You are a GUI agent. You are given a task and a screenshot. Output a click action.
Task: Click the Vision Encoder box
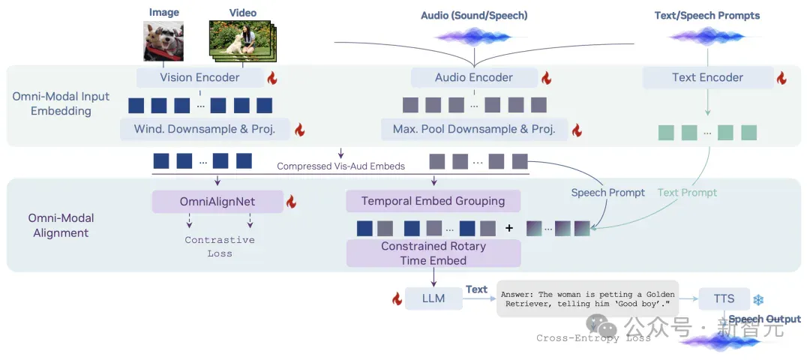tap(200, 77)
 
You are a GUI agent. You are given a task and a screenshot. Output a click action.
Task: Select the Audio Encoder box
tap(474, 77)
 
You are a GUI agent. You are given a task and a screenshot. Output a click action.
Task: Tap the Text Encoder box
tap(707, 77)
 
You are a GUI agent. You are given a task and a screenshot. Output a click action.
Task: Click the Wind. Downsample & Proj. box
tap(205, 129)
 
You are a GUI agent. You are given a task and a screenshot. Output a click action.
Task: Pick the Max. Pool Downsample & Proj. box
tap(474, 129)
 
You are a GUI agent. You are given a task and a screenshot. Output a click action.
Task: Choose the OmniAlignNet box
tap(217, 202)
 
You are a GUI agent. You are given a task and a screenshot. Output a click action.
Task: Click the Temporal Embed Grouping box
tap(433, 201)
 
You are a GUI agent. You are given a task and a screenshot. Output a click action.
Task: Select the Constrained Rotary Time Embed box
tap(433, 253)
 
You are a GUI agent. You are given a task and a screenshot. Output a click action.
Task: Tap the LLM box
tap(433, 298)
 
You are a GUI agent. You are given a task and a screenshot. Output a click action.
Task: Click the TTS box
tap(724, 298)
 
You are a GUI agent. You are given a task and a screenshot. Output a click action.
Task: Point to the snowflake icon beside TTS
tap(758, 299)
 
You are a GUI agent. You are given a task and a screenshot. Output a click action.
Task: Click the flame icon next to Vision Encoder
tap(272, 77)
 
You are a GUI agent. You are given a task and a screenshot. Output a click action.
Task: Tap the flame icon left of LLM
tap(397, 298)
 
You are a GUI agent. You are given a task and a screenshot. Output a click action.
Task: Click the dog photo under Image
tap(163, 40)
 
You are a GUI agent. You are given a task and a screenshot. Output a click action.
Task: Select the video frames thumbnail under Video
tap(243, 39)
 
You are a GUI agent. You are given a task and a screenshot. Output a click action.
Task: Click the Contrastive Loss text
tap(220, 247)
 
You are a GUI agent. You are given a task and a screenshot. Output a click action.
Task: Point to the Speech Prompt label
tap(608, 193)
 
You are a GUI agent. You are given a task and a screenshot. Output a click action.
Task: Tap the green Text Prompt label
tap(687, 193)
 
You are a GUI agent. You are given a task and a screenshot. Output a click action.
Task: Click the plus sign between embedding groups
tap(509, 228)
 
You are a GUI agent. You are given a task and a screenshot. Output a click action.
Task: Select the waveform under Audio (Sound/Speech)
tap(474, 37)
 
